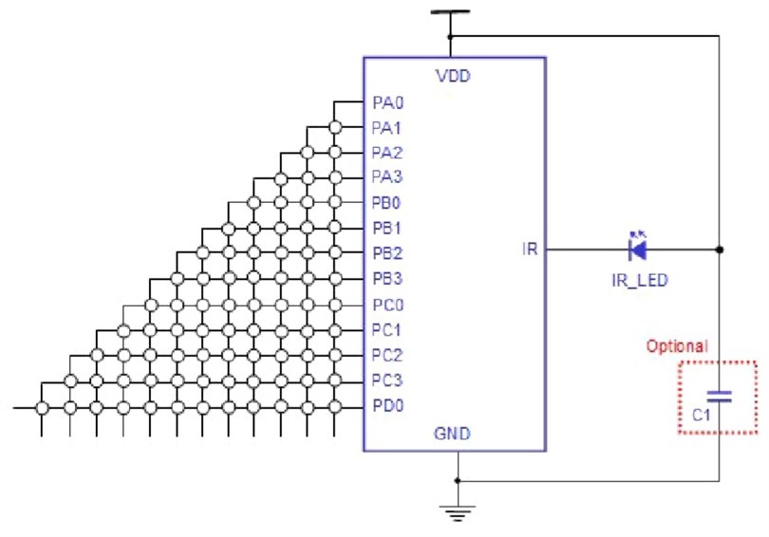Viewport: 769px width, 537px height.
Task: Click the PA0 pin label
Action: point(386,102)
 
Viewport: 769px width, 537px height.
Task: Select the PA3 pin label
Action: point(386,177)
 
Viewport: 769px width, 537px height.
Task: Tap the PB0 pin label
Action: point(386,203)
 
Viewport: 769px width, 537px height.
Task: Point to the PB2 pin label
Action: point(386,254)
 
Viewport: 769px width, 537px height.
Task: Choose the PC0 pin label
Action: point(386,306)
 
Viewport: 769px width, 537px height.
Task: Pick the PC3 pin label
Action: point(386,381)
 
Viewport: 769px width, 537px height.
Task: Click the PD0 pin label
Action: point(386,407)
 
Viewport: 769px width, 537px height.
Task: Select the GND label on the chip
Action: point(452,434)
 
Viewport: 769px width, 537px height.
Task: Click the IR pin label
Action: point(530,250)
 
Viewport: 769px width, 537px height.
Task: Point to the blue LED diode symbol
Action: point(638,249)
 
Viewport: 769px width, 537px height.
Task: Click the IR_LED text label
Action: point(638,281)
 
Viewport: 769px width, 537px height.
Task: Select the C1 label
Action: point(702,416)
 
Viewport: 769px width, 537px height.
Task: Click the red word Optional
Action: point(677,347)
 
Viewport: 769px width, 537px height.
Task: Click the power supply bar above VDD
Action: point(451,13)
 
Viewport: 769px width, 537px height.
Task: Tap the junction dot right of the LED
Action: point(720,250)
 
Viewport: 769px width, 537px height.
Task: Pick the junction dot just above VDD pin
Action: point(451,36)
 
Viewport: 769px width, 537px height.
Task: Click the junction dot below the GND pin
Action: point(458,480)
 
